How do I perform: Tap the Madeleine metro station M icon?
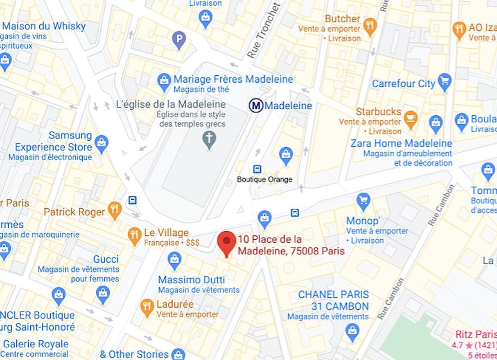(256, 106)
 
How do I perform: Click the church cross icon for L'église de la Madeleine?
(209, 139)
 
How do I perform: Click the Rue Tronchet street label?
(264, 30)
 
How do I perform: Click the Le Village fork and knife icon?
(134, 235)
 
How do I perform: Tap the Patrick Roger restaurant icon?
(115, 210)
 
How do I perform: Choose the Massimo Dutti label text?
(192, 280)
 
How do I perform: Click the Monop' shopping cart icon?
(363, 201)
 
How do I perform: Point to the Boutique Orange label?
(264, 179)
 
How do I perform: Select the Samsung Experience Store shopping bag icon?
(101, 142)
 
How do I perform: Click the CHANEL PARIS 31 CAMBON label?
(334, 300)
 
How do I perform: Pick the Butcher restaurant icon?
(370, 25)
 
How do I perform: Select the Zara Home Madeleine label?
(401, 144)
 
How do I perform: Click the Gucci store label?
(106, 259)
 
